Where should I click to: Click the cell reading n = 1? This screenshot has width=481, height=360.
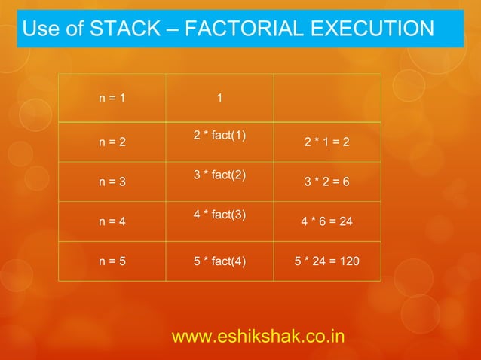coord(112,98)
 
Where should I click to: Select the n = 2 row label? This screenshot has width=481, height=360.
coord(112,142)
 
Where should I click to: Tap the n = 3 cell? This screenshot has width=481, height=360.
coord(112,182)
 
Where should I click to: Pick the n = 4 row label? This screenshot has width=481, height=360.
coord(112,222)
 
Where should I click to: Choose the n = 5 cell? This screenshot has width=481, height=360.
coord(112,262)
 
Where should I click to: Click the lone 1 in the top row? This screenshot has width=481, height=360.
coord(219,98)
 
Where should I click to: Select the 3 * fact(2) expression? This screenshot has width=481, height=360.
coord(221,175)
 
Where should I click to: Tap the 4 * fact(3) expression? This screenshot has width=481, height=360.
coord(221,215)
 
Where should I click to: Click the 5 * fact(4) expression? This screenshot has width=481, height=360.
coord(221,262)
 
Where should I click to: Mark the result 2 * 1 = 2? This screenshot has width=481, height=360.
coord(326,142)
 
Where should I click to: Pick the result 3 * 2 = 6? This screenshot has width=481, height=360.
coord(326,182)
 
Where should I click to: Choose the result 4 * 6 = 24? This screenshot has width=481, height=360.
coord(326,222)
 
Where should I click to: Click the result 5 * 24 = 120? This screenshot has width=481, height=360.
coord(326,262)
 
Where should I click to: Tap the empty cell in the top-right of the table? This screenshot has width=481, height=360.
coord(326,98)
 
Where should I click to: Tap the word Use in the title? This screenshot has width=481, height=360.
coord(40,29)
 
